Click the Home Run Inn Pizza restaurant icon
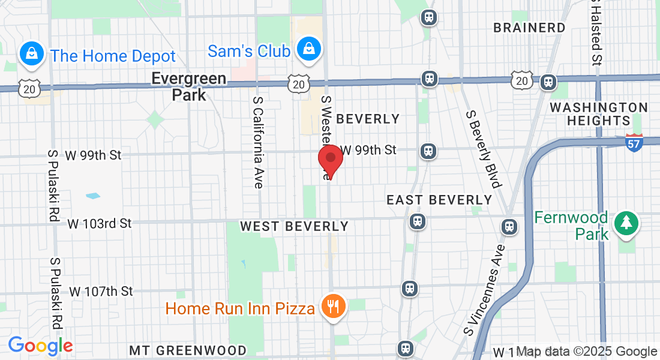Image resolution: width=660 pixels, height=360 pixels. click(332, 307)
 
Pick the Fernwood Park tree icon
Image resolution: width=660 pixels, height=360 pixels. click(626, 223)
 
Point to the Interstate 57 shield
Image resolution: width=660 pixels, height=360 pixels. click(634, 142)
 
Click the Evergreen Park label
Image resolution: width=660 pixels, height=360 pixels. click(188, 86)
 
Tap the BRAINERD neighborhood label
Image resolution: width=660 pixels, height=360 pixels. click(529, 28)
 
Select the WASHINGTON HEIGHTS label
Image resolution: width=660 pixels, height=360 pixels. click(599, 114)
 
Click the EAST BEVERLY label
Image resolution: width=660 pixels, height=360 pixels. click(439, 199)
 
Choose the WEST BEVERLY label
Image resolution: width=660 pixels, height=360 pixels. click(294, 226)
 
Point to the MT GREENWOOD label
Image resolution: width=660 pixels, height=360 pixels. click(188, 350)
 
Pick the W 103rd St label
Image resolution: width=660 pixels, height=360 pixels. click(100, 223)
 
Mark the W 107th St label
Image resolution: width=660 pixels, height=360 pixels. click(101, 292)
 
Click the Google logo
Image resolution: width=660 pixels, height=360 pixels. click(40, 346)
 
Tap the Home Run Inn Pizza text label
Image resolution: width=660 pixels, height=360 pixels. click(240, 308)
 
